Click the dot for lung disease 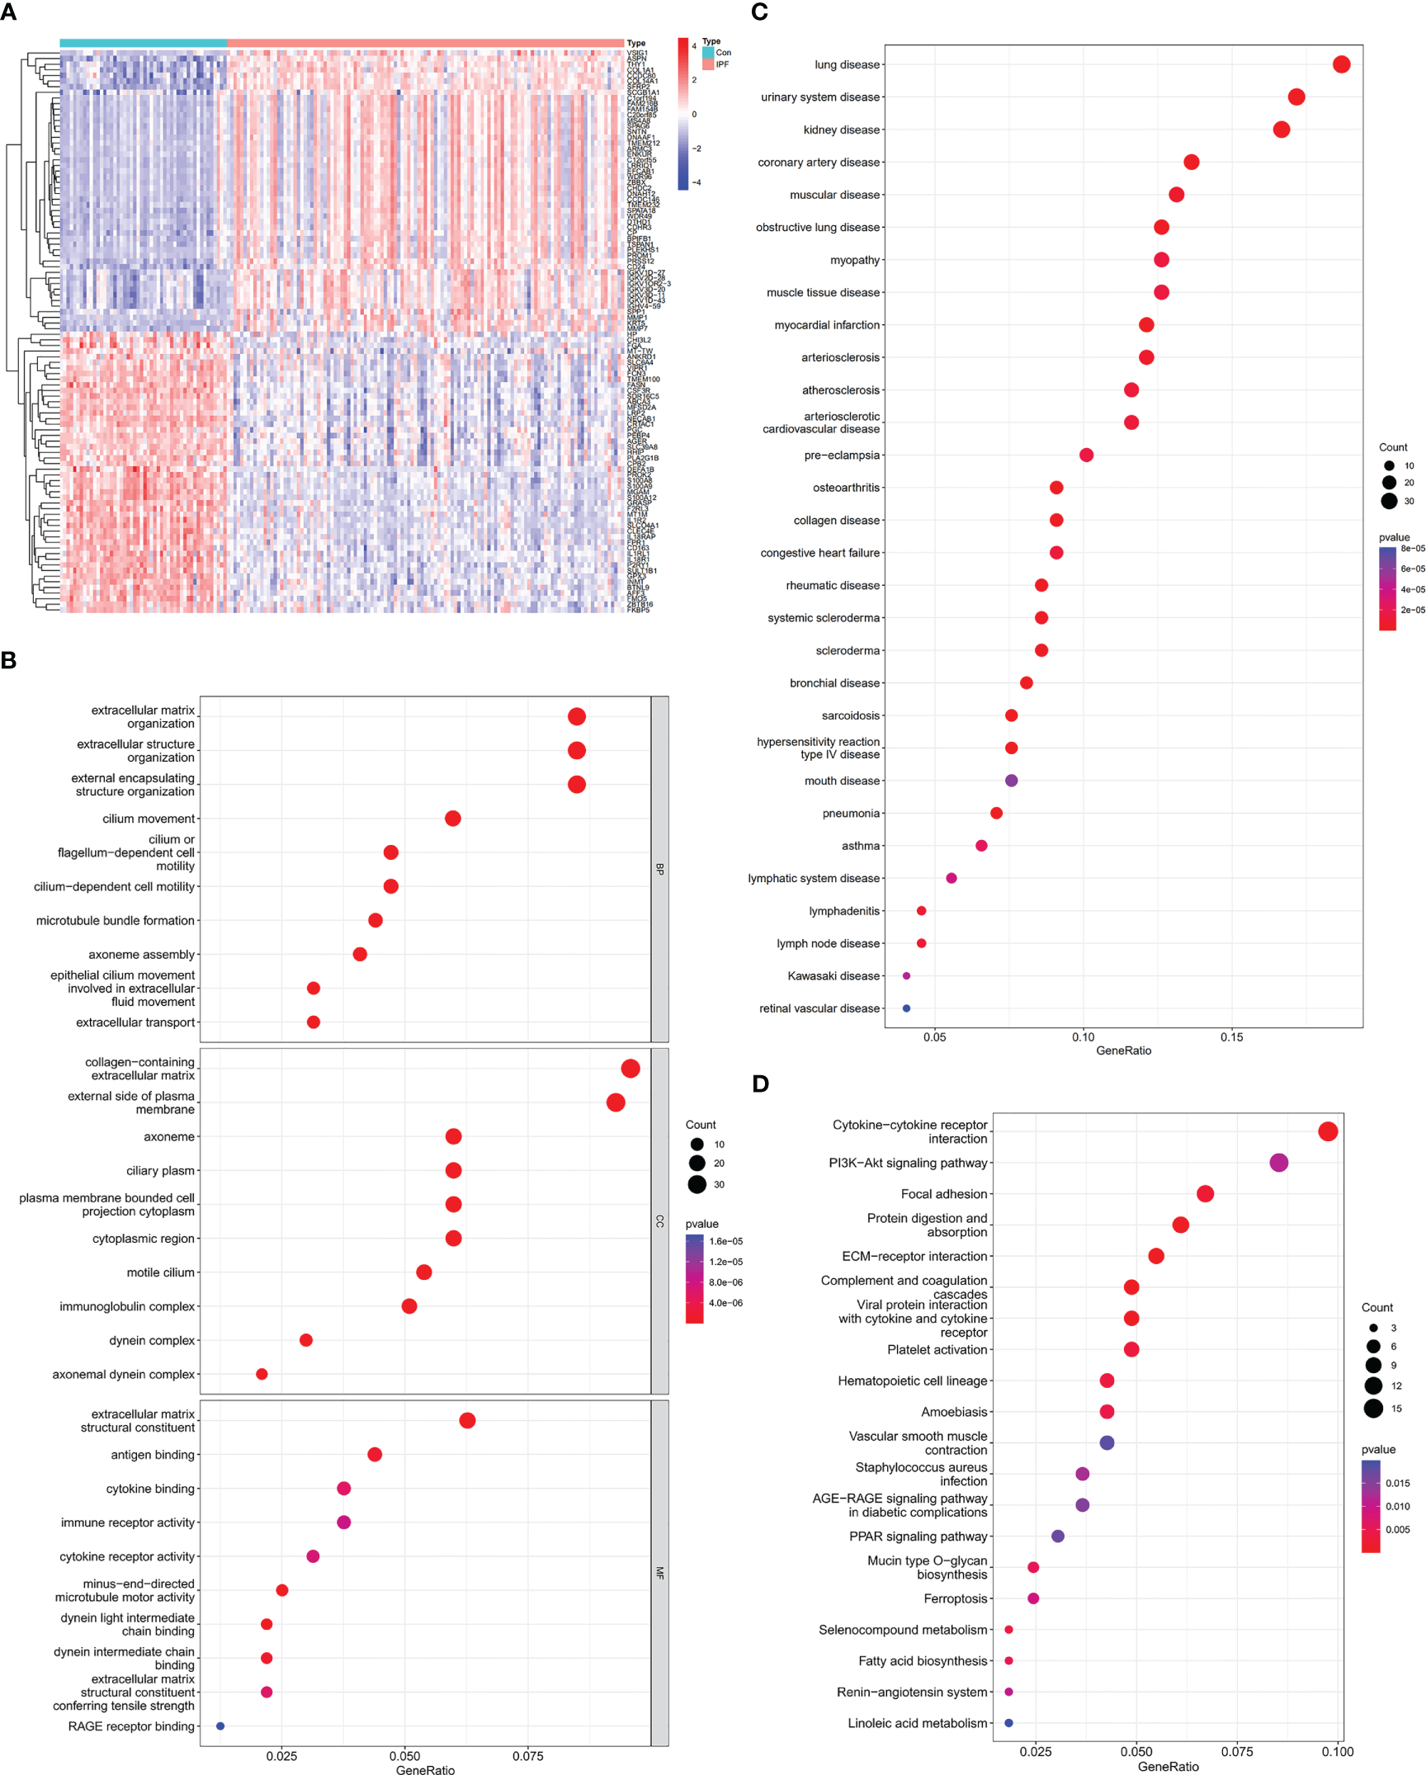[x=1341, y=64]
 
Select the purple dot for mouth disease [x=1011, y=781]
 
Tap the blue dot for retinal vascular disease [x=906, y=1008]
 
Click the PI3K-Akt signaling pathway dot [x=1278, y=1163]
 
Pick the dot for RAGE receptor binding [x=220, y=1726]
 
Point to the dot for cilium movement [x=452, y=819]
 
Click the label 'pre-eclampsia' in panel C [x=842, y=456]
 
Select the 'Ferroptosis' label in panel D [x=955, y=1598]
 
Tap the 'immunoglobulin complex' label [x=127, y=1306]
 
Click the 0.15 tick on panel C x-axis [x=1231, y=1037]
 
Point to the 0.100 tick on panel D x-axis [x=1337, y=1751]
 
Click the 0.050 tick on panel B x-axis [x=404, y=1756]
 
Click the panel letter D [x=760, y=1083]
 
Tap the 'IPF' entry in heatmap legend [x=722, y=64]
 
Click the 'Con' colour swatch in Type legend [x=708, y=53]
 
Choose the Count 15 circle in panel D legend [x=1373, y=1409]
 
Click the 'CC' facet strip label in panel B [x=659, y=1221]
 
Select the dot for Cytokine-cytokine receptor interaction [x=1327, y=1131]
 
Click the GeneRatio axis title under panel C [x=1123, y=1050]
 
